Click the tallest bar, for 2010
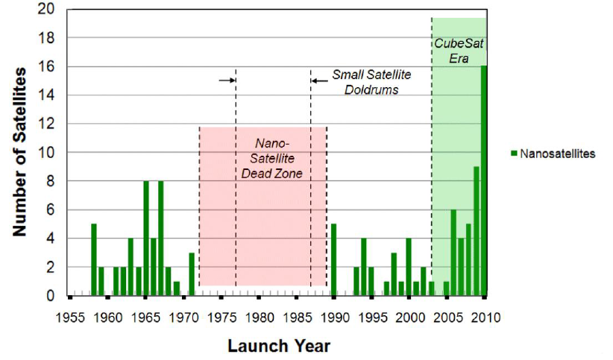click(484, 180)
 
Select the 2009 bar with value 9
click(477, 231)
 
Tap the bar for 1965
click(146, 238)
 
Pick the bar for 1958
click(94, 259)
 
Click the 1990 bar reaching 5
click(333, 259)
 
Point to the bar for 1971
click(192, 274)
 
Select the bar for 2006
click(453, 253)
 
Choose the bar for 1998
click(394, 274)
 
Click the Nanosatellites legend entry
click(553, 154)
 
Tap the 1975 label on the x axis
click(221, 318)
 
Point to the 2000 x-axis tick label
click(410, 318)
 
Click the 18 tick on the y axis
click(46, 38)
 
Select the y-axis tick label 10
click(46, 153)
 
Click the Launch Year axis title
click(279, 346)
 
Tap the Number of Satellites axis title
click(19, 152)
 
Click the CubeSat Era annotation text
click(459, 51)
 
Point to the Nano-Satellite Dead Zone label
click(272, 158)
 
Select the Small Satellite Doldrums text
click(371, 82)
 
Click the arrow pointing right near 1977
click(227, 80)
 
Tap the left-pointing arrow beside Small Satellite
click(319, 81)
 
